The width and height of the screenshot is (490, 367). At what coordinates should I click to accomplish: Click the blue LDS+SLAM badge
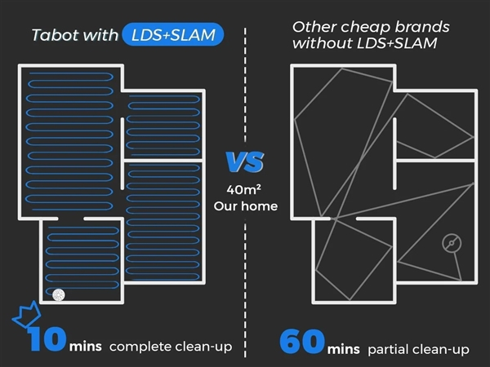point(171,35)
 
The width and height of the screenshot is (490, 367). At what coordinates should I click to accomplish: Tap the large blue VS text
point(244,161)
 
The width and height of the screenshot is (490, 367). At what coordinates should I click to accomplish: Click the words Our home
point(245,206)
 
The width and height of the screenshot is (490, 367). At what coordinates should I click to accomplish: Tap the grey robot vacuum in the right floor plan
point(452,243)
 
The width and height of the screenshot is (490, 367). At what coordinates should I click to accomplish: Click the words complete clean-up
point(170,347)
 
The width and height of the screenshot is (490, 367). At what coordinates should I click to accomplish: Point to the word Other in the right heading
point(312,26)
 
